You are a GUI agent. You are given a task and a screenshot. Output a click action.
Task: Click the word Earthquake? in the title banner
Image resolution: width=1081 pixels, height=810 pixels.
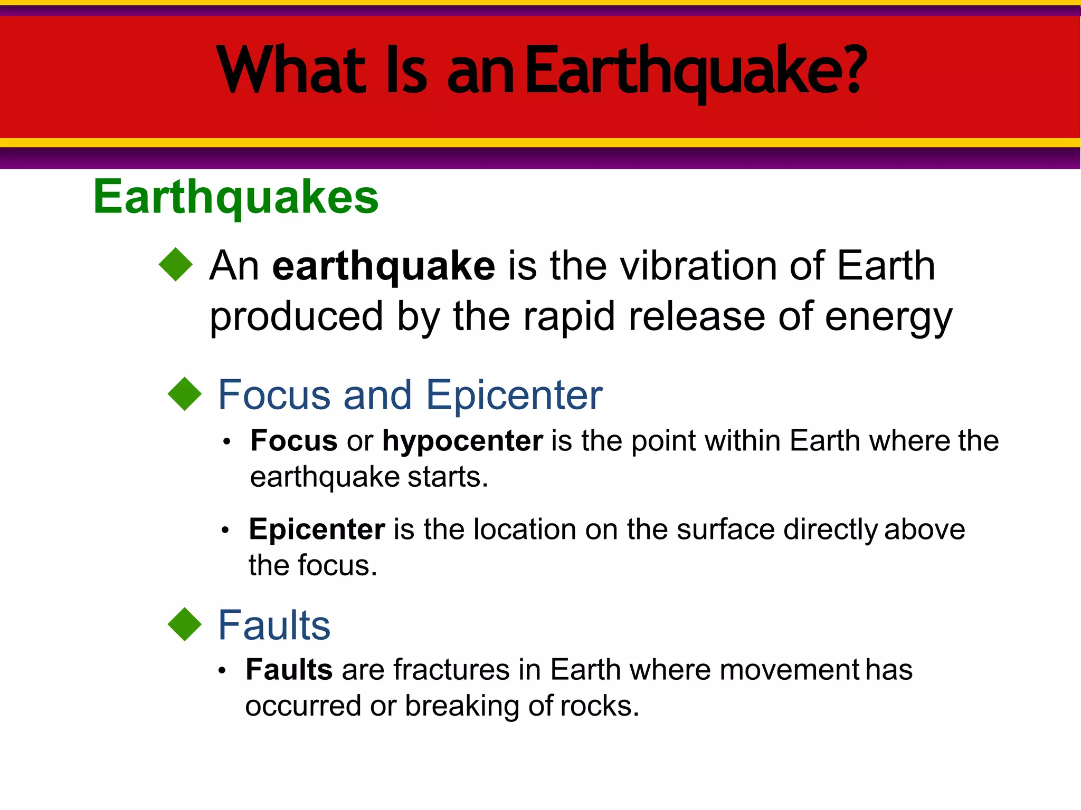[696, 71]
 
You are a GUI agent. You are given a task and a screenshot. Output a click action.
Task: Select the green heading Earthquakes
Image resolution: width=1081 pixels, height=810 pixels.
[236, 197]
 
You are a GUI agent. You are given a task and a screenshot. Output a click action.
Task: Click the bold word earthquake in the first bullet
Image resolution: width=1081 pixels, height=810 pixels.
[384, 266]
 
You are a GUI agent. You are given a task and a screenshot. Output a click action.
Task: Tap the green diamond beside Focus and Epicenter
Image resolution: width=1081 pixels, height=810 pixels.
[185, 393]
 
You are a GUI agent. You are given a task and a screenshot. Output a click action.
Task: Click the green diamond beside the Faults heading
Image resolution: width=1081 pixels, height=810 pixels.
[185, 624]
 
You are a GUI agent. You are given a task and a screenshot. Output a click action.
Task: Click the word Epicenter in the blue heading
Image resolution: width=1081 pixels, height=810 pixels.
[514, 396]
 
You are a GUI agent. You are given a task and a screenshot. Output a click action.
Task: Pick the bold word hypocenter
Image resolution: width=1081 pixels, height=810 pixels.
[462, 441]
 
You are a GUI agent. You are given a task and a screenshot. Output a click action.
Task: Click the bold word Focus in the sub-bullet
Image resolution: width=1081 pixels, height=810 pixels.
[294, 441]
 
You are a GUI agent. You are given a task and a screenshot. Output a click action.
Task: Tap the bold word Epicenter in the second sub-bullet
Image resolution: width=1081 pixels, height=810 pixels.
[317, 529]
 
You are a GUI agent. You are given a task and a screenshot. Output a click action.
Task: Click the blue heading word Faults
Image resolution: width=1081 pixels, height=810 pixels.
[274, 625]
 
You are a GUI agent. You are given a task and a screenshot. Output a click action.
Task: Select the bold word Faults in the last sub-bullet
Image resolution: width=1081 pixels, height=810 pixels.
[289, 670]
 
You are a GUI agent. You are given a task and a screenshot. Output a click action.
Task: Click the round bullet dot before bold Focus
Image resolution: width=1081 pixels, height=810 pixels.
[227, 442]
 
